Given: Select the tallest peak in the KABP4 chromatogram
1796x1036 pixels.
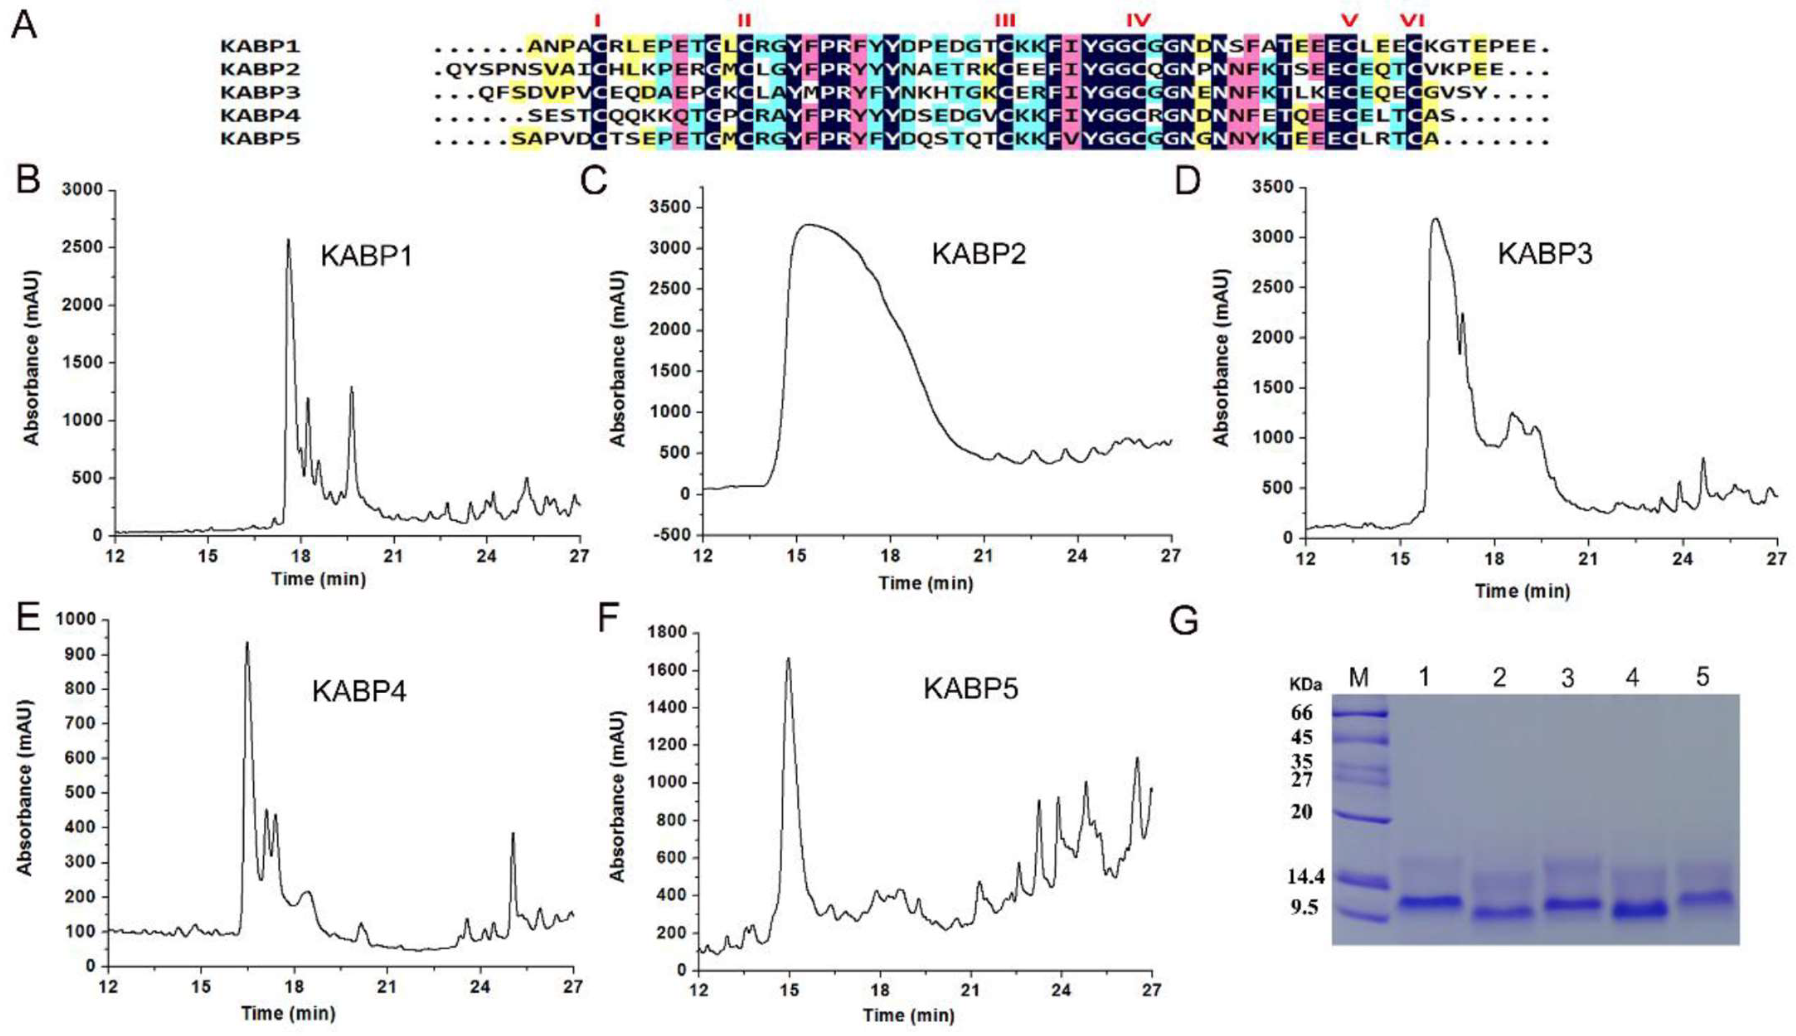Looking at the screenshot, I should click(x=247, y=644).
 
